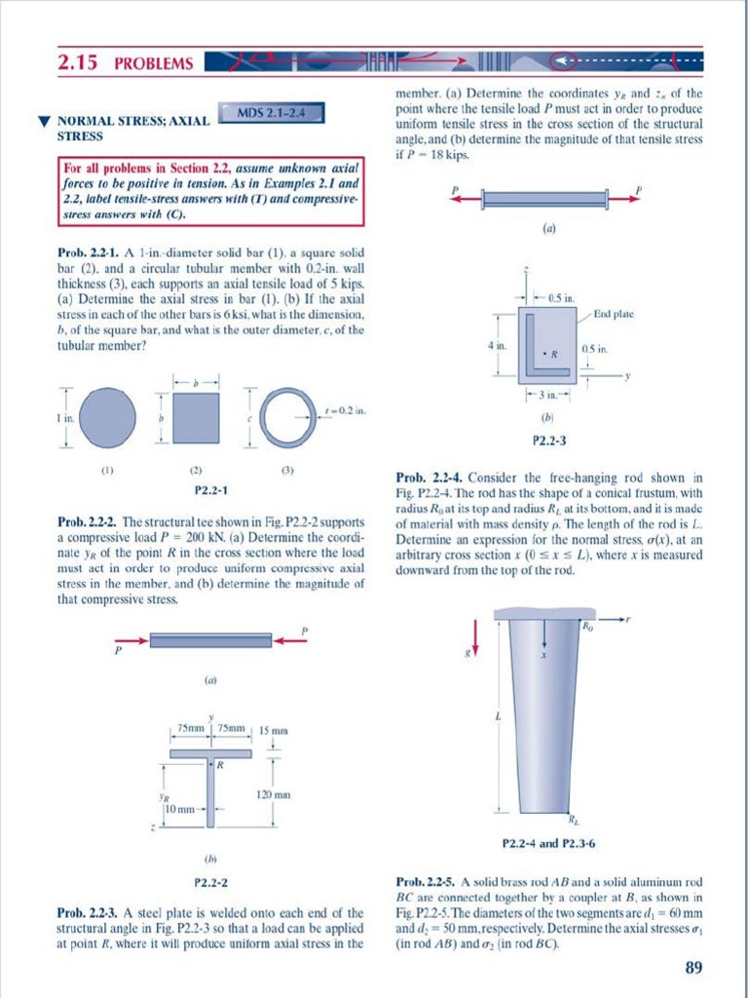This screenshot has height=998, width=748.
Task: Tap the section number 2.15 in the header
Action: pos(79,63)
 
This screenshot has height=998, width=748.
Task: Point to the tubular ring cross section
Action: pos(288,417)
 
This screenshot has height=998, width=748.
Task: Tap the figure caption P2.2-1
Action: pos(211,489)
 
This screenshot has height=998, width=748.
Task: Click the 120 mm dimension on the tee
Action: pos(269,796)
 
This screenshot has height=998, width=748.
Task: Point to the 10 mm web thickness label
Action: pos(181,808)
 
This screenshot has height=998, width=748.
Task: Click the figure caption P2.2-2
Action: pos(211,884)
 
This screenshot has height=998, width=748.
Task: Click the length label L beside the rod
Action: pos(498,717)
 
